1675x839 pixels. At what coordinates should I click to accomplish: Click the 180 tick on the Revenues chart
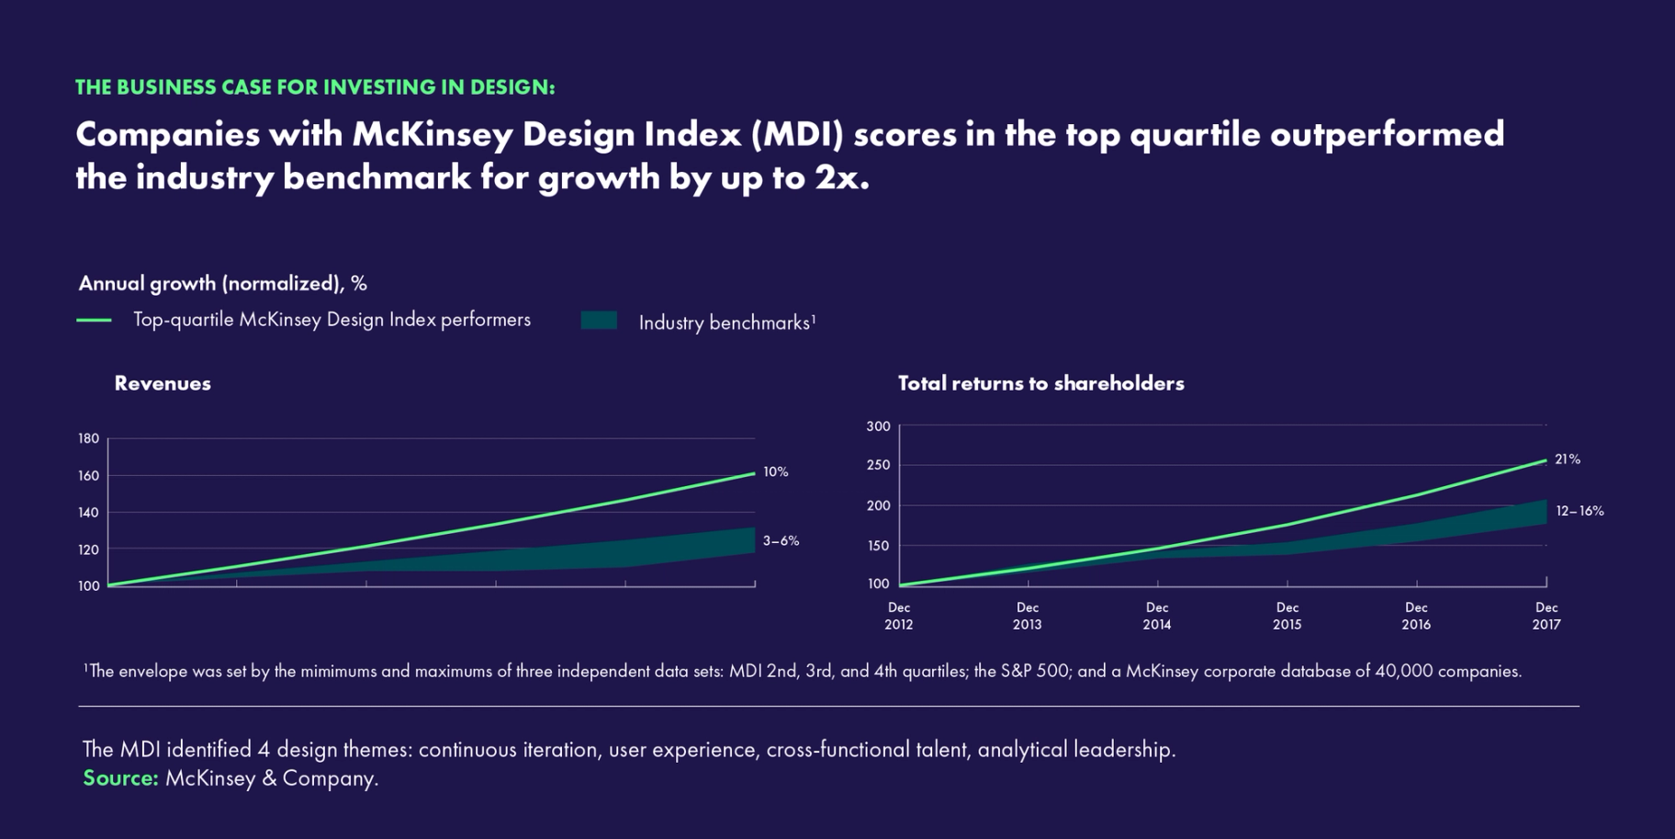coord(88,438)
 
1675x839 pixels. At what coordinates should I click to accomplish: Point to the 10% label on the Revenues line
coord(775,471)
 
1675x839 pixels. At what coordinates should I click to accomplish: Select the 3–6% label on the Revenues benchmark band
coord(781,541)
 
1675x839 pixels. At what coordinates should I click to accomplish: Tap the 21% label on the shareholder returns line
coord(1567,459)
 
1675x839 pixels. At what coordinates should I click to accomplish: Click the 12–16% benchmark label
coord(1579,511)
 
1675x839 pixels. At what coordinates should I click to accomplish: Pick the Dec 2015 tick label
coord(1287,616)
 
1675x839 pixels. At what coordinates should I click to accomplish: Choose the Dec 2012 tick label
coord(898,616)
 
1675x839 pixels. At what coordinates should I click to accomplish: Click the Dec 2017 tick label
coord(1546,616)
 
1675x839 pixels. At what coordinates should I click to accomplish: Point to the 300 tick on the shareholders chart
coord(878,426)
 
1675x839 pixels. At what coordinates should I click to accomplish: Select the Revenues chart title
coord(163,383)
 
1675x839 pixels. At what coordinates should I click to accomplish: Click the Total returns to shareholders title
coord(1040,383)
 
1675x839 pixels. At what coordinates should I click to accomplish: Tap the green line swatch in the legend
coord(94,320)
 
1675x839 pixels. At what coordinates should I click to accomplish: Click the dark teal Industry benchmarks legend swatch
coord(599,321)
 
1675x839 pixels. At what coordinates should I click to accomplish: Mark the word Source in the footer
coord(119,778)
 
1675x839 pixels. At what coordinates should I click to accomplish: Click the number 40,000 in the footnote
coord(1403,671)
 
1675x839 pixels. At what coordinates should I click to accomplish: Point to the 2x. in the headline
coord(841,177)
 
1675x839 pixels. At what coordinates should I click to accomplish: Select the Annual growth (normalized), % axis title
coord(222,283)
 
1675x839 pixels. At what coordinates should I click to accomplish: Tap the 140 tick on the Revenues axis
coord(88,513)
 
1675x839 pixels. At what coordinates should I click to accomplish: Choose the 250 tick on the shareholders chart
coord(878,465)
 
